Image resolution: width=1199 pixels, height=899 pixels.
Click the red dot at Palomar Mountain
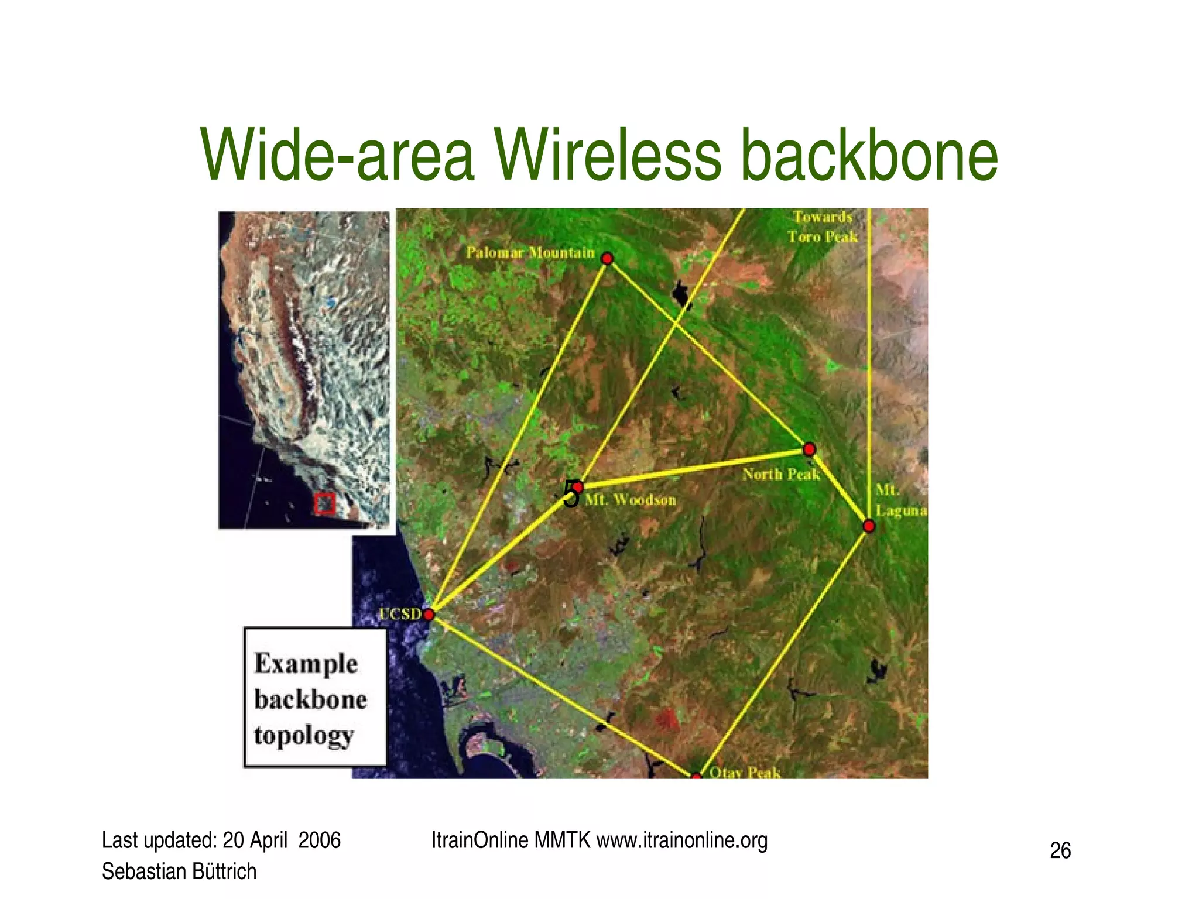pos(607,258)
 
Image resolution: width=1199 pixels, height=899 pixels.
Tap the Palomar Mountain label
pos(530,253)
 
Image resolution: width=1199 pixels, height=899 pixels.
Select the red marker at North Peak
pos(809,449)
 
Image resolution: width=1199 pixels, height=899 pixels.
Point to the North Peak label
pos(781,474)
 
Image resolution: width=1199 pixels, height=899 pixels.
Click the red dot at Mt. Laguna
pos(869,526)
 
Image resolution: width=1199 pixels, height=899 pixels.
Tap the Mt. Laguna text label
pos(900,500)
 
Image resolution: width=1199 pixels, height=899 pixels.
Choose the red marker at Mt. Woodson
pos(578,487)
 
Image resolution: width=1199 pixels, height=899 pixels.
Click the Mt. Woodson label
pos(631,500)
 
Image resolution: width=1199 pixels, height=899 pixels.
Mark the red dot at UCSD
pos(429,615)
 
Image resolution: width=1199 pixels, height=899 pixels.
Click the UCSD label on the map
pos(400,614)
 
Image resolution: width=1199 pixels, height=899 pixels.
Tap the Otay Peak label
pos(745,773)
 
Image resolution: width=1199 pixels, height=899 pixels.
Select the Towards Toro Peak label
pos(822,227)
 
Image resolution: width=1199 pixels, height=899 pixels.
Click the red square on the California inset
pos(324,503)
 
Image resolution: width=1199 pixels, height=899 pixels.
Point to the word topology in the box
pos(304,736)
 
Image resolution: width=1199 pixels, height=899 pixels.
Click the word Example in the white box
pos(306,664)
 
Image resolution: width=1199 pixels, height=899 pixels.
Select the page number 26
pos(1060,850)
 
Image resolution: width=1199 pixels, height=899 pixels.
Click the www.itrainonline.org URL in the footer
pos(682,840)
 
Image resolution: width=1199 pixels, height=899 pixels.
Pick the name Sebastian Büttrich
pos(179,871)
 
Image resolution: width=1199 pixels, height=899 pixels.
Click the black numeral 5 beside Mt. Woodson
pos(570,495)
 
